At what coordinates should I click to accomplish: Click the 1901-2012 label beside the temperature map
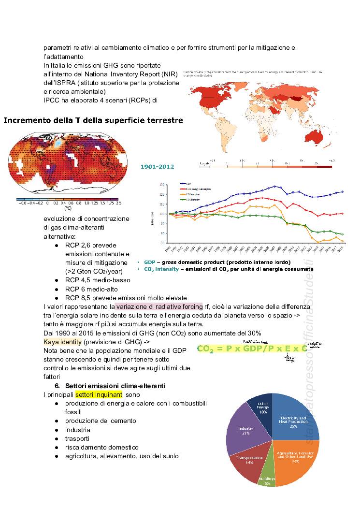[157, 166]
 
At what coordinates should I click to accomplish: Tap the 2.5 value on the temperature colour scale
[118, 204]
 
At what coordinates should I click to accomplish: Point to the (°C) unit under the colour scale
[68, 209]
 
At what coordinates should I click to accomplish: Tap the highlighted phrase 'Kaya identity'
[63, 342]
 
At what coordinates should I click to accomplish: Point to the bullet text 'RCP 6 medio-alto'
[91, 289]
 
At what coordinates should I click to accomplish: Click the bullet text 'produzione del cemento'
[101, 421]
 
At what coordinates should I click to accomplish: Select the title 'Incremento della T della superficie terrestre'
[93, 120]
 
